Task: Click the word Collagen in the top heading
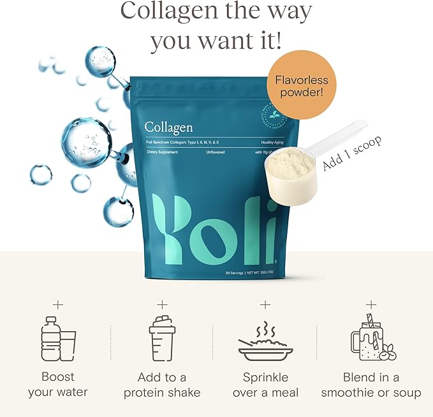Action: point(168,11)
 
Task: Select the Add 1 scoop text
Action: point(352,153)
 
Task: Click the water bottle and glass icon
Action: point(57,341)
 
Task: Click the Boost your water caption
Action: point(58,385)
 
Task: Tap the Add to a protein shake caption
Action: point(162,385)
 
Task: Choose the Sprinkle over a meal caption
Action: point(265,385)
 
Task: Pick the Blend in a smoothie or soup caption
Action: point(371,385)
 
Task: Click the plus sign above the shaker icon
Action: point(162,305)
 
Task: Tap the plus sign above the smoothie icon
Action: point(371,305)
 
